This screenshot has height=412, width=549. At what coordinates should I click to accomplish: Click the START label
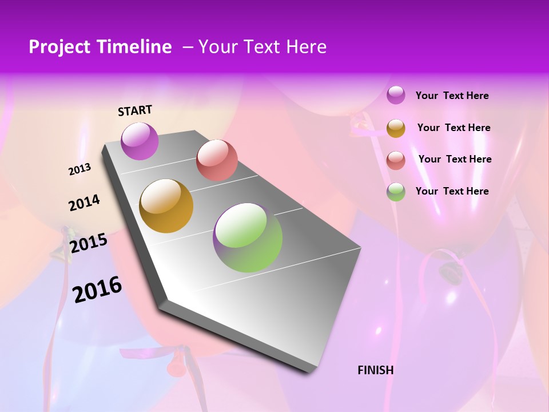coord(135,110)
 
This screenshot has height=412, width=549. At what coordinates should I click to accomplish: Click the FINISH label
coord(375,370)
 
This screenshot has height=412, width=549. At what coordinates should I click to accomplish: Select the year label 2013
coord(80,169)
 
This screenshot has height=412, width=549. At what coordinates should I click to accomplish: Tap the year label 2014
coord(84,203)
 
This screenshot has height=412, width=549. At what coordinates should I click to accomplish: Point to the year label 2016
coord(97,289)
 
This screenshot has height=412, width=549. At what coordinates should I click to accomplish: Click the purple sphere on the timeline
coord(140,141)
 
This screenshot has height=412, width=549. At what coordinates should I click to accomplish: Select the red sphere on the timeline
coord(217,160)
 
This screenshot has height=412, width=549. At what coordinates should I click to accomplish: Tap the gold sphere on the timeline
coord(166,206)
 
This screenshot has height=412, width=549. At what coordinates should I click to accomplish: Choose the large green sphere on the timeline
coord(248,237)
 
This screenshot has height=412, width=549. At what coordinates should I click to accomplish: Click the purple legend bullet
coord(396,95)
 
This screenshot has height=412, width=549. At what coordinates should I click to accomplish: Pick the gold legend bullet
coord(396,128)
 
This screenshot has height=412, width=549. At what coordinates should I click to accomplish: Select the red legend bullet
coord(396,160)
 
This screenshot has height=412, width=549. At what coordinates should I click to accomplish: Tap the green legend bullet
coord(396,192)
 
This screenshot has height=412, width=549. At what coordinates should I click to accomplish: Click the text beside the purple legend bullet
coord(452,96)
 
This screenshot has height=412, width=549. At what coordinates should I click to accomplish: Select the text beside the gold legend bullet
coord(453,128)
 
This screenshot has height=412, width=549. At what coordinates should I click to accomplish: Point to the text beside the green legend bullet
coord(452,191)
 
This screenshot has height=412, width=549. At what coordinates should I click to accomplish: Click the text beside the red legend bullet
coord(455,159)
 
